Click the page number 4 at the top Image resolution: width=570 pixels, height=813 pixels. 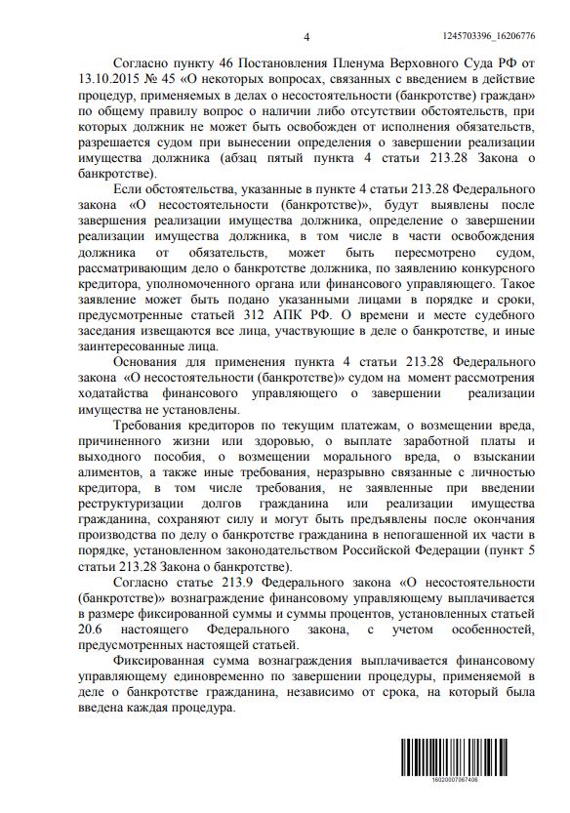click(x=305, y=36)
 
